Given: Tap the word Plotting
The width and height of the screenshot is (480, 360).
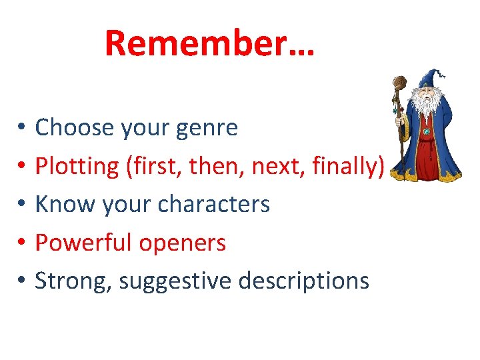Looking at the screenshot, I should point(77,166).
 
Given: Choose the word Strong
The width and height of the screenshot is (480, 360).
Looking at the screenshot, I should point(73,281).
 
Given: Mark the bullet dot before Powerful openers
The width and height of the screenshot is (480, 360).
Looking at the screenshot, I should point(22,243).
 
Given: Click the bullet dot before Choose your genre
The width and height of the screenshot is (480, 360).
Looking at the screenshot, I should point(22,127).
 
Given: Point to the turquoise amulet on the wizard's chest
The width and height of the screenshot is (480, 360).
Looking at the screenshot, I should point(426,131).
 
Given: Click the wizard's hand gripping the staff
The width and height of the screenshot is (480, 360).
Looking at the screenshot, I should point(402,121).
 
